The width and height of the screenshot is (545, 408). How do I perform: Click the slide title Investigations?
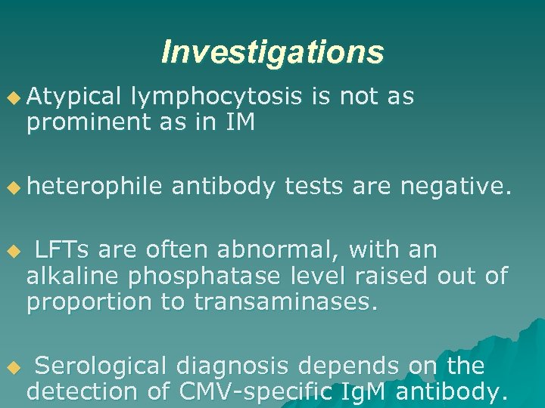[272, 52]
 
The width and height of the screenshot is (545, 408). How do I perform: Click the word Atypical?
[73, 96]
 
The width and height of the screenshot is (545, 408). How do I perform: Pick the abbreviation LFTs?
[64, 249]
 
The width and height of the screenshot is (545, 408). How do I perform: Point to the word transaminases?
[285, 301]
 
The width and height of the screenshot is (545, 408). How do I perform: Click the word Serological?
[100, 366]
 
